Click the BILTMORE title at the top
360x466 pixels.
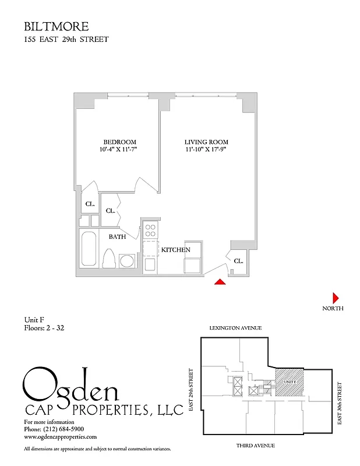tap(56, 26)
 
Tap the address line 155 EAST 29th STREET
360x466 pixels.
tap(66, 40)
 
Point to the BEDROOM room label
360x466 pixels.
tap(119, 142)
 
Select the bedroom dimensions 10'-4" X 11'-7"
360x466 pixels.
tap(119, 150)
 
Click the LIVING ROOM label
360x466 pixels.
tap(206, 142)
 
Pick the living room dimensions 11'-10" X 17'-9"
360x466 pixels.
tap(206, 150)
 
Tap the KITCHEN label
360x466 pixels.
tap(176, 249)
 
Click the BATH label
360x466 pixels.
tap(118, 236)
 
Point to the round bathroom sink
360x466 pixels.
tap(126, 260)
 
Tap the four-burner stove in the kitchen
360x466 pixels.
tap(150, 230)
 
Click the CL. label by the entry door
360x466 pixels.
tap(238, 262)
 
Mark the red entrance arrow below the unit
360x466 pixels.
tap(220, 282)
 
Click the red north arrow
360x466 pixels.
tap(336, 296)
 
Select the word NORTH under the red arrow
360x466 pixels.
tap(333, 308)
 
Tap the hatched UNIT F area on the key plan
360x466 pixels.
tap(289, 382)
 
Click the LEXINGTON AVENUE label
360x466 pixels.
tap(235, 329)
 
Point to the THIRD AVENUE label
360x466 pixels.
tap(256, 446)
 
